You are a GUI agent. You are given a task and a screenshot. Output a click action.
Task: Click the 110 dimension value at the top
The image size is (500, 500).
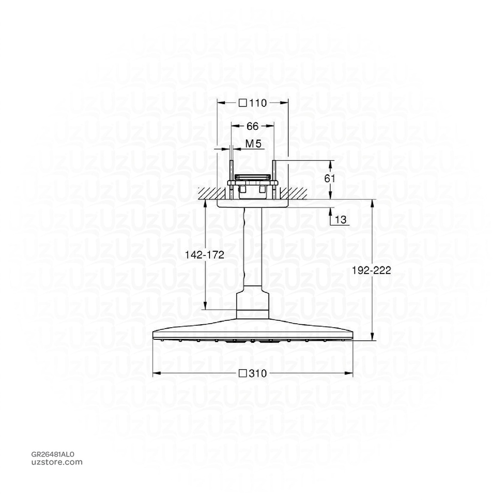tap(258, 103)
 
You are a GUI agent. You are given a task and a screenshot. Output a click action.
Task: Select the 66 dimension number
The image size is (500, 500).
tap(252, 126)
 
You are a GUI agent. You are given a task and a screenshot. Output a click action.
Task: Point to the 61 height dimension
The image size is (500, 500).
tap(330, 179)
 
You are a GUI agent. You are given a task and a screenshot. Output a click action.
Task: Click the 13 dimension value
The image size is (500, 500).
tap(340, 221)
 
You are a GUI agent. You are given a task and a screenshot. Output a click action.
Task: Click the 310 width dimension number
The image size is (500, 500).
tap(257, 374)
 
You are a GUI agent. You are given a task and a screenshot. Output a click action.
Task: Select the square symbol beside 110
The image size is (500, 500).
tap(243, 103)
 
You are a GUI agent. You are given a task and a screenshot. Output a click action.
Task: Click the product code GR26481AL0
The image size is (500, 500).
tap(53, 454)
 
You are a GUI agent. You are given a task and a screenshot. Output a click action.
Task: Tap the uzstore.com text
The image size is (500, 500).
tap(57, 462)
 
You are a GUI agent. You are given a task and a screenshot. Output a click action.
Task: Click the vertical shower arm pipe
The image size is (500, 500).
tap(252, 249)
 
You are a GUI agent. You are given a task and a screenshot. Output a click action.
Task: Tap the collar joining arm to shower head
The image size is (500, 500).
tap(252, 303)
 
